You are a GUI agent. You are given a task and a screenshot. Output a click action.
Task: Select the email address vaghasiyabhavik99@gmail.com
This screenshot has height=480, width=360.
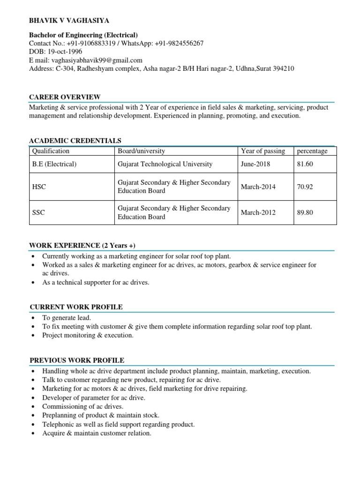pyautogui.click(x=97, y=60)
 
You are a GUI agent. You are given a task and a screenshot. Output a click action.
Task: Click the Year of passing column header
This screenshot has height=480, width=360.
pyautogui.click(x=262, y=151)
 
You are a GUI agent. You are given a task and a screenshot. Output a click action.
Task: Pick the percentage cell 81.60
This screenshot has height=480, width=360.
pyautogui.click(x=305, y=164)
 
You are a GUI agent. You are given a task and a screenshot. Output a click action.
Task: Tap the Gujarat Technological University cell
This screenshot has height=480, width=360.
pyautogui.click(x=165, y=164)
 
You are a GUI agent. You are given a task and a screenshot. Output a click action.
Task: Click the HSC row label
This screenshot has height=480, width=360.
pyautogui.click(x=39, y=187)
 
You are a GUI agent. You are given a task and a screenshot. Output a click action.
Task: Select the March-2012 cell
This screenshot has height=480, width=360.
pyautogui.click(x=258, y=212)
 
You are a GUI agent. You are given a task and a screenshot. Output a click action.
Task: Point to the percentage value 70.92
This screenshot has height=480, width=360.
pyautogui.click(x=305, y=187)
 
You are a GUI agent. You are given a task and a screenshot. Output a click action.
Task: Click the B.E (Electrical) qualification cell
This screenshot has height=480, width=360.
pyautogui.click(x=54, y=164)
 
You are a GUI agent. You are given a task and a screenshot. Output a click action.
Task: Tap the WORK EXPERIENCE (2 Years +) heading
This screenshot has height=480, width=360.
pyautogui.click(x=82, y=246)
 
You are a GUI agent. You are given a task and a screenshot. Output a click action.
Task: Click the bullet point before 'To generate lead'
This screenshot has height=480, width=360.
pyautogui.click(x=32, y=318)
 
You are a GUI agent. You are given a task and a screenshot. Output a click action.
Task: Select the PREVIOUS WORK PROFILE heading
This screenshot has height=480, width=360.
pyautogui.click(x=77, y=360)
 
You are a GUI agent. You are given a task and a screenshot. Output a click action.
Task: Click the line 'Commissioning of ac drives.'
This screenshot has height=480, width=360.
pyautogui.click(x=83, y=406)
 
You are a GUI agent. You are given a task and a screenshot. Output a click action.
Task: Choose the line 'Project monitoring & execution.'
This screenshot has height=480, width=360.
pyautogui.click(x=88, y=335)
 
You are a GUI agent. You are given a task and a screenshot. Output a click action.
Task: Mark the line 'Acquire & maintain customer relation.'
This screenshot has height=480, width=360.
pyautogui.click(x=97, y=433)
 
